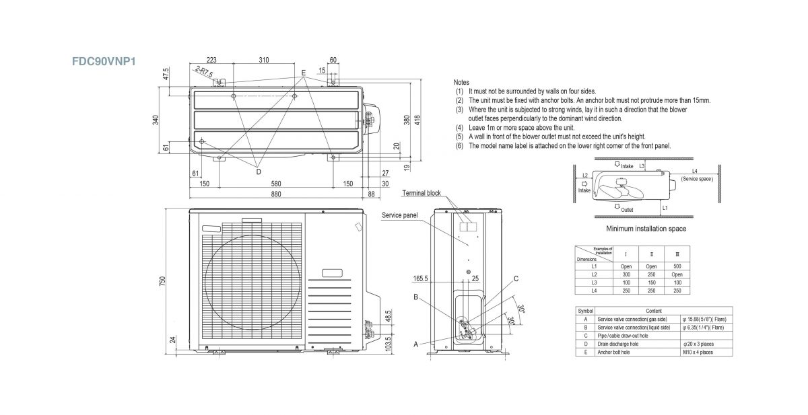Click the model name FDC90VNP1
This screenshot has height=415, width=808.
(105, 60)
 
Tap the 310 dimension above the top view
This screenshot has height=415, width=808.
(263, 61)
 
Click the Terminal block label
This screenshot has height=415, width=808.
(422, 193)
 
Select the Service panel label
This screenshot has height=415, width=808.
(400, 215)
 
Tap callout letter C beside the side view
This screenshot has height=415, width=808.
(515, 278)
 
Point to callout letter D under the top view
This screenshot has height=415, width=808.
(258, 172)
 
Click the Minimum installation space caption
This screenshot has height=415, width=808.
(646, 229)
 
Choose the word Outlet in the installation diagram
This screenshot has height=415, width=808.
(628, 210)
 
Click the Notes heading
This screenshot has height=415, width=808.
(462, 82)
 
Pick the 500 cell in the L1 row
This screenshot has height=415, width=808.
(677, 266)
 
